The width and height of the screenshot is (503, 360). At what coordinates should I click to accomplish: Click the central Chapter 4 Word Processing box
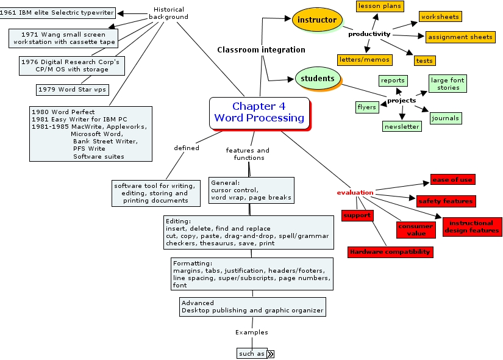coord(259,113)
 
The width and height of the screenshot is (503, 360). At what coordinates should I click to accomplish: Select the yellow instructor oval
coord(317,20)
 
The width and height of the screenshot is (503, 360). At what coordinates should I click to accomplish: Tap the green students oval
coord(317,78)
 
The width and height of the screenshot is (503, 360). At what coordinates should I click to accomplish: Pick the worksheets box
coord(440,16)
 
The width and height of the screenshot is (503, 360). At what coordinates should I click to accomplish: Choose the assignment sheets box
coord(460,37)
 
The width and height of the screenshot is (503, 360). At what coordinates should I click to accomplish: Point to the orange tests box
coord(424,60)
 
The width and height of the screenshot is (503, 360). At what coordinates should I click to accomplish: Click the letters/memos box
coord(365,60)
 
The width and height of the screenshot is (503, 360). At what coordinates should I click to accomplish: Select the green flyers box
coord(366,107)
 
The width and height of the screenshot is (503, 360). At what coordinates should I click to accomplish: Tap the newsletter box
coord(402,126)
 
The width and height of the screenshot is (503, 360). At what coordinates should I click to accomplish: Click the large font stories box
coord(448,84)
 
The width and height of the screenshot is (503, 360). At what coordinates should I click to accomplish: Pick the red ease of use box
coord(452,179)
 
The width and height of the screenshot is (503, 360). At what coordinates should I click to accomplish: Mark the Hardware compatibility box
coord(390,251)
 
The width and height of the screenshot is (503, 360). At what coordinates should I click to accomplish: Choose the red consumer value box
coord(416,229)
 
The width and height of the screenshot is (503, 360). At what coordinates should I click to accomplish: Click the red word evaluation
coord(355,193)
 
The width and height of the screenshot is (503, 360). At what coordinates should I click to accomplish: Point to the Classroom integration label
coord(261,49)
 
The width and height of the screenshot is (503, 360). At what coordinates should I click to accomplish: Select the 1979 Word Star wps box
coord(71,90)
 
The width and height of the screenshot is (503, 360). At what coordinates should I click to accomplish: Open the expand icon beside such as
coord(271,353)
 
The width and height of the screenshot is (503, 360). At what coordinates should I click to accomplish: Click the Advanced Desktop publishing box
coord(252,306)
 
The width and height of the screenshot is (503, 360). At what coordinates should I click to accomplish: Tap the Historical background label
coord(168,13)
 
